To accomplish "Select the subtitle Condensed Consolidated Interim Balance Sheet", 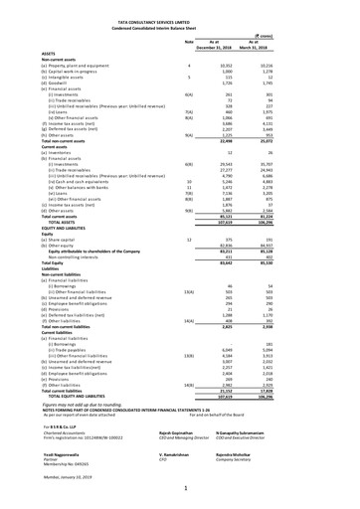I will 179,13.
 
